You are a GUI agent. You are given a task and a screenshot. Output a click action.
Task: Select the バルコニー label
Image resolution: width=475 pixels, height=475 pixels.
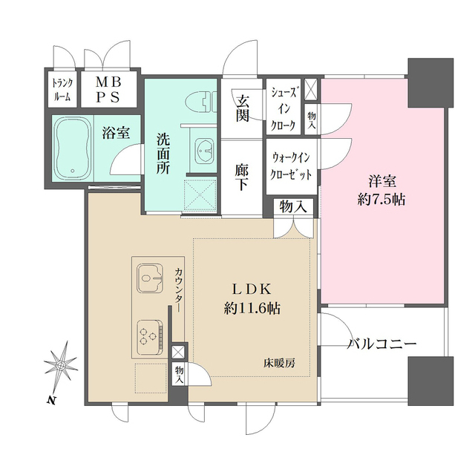click(382, 344)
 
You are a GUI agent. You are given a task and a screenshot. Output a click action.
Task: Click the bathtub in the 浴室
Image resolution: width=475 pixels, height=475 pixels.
click(72, 146)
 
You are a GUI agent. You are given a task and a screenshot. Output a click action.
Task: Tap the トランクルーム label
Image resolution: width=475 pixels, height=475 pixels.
click(62, 89)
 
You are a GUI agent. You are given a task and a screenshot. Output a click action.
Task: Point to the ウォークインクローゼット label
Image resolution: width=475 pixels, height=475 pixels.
click(290, 165)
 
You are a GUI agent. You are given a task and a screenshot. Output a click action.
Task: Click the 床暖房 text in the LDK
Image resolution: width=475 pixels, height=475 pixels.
click(278, 364)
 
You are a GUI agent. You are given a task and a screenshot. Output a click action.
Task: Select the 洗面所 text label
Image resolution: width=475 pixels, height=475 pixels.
click(163, 152)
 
